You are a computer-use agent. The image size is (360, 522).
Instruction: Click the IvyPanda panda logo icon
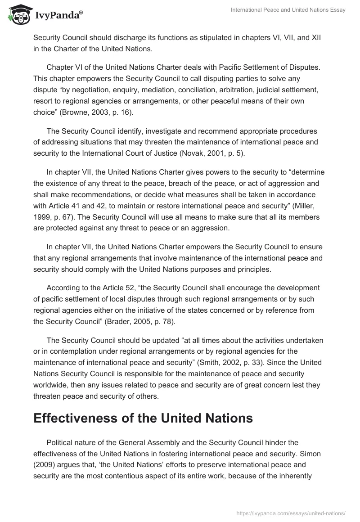18,14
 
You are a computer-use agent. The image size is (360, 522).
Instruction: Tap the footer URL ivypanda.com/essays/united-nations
291,513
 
